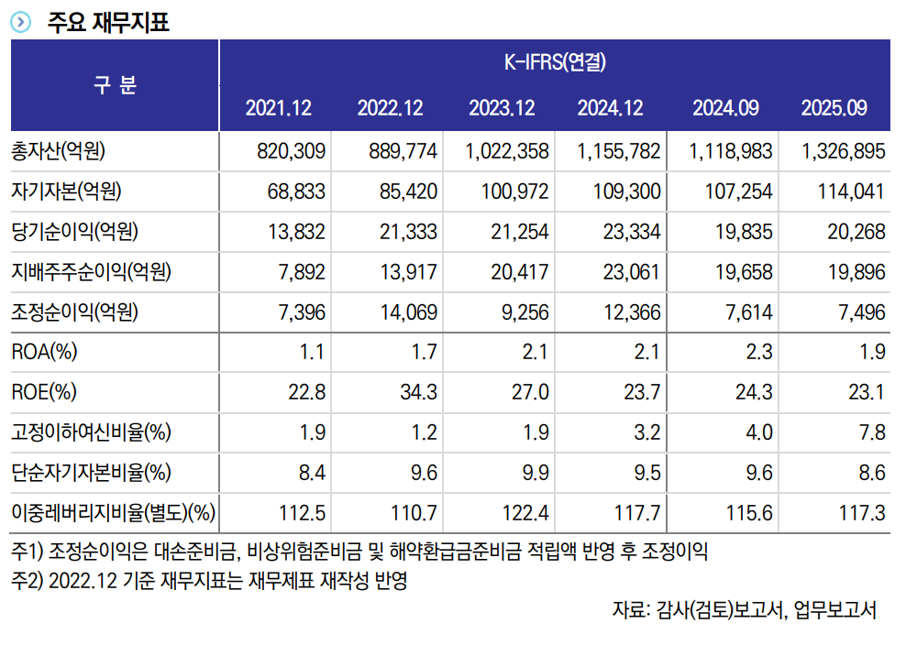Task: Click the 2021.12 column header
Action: tap(279, 108)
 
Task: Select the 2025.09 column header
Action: tap(834, 108)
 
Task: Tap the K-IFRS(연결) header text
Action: tap(555, 62)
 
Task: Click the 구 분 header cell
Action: tap(115, 85)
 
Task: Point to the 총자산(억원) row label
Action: tap(65, 151)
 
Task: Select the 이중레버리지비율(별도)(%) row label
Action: tap(113, 514)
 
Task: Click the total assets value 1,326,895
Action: tap(843, 151)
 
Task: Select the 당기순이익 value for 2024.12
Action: tap(632, 232)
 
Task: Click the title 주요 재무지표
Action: tap(108, 21)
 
